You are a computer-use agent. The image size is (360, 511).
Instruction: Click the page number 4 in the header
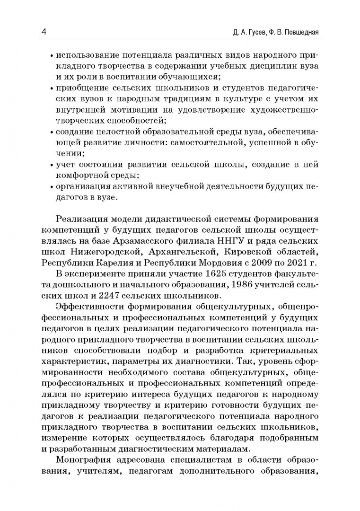click(43, 32)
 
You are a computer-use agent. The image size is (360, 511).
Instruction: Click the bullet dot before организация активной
click(52, 187)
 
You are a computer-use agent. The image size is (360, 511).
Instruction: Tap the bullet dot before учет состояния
click(52, 165)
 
